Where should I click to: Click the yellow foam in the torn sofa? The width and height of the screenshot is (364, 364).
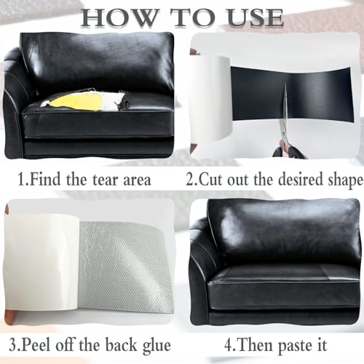click(77, 102)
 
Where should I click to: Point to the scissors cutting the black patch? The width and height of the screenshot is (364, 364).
click(286, 126)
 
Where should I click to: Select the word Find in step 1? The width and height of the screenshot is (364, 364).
click(45, 179)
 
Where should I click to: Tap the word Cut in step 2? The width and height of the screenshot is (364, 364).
click(211, 179)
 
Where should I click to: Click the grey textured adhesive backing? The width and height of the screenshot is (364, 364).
click(126, 266)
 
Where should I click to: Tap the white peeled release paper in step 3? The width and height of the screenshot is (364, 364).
click(42, 262)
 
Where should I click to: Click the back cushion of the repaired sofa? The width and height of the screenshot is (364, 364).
click(284, 233)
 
